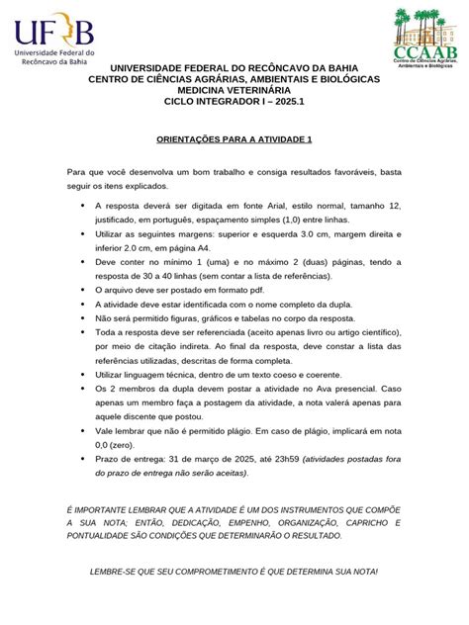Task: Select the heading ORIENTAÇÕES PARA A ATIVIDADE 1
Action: [234, 140]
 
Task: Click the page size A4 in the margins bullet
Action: [203, 248]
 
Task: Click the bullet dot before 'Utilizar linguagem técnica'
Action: [81, 379]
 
